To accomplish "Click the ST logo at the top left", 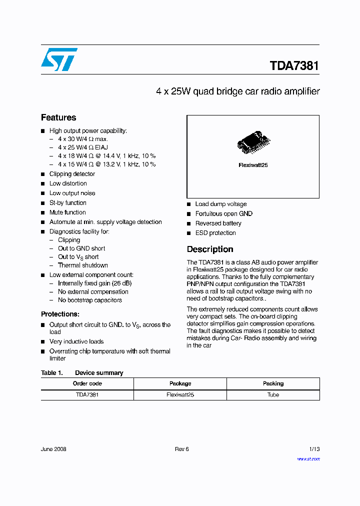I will click(x=59, y=59).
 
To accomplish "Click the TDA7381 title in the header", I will click(x=294, y=66).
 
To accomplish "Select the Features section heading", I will click(x=58, y=117).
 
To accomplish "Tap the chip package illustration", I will click(x=253, y=142).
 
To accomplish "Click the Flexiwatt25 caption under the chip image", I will click(x=253, y=165).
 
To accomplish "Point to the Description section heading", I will click(x=210, y=249).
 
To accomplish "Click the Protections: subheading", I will click(x=60, y=314).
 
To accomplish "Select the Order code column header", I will click(x=87, y=383).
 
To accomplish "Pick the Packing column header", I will click(x=273, y=383).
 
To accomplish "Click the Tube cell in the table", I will click(x=273, y=395).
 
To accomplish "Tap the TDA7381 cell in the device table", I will click(x=87, y=395).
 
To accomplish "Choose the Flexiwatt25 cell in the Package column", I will click(x=180, y=395).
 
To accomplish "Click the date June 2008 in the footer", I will click(x=53, y=449).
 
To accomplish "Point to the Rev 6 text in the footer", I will click(x=181, y=449).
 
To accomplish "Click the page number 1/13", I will click(x=314, y=449).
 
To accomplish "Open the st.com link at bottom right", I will click(x=308, y=459).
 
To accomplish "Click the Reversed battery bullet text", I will click(x=218, y=223).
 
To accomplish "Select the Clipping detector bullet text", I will click(x=72, y=174).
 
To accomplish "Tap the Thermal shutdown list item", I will click(x=82, y=265).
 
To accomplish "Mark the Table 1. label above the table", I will click(x=51, y=373).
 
